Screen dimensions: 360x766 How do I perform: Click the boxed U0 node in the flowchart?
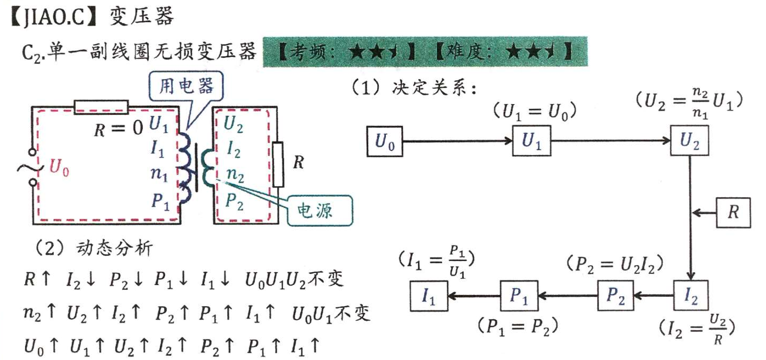[385, 142]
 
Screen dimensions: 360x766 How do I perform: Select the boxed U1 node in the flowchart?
[531, 141]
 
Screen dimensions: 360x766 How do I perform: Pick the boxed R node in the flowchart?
[733, 211]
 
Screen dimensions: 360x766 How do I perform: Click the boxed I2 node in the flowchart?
[690, 297]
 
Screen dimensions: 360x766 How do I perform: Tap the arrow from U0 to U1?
[457, 142]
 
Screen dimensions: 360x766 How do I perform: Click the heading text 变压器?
[142, 16]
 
